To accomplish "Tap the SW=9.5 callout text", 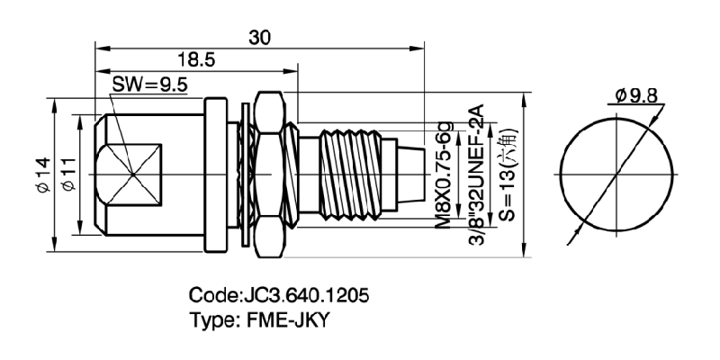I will [149, 87].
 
